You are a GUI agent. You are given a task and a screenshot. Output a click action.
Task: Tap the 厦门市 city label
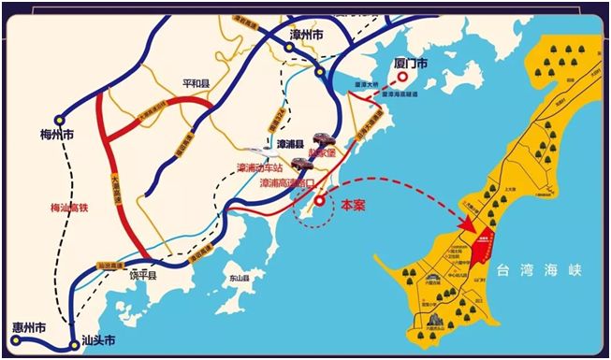(409, 63)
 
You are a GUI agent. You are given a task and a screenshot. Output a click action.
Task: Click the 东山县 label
(240, 278)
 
